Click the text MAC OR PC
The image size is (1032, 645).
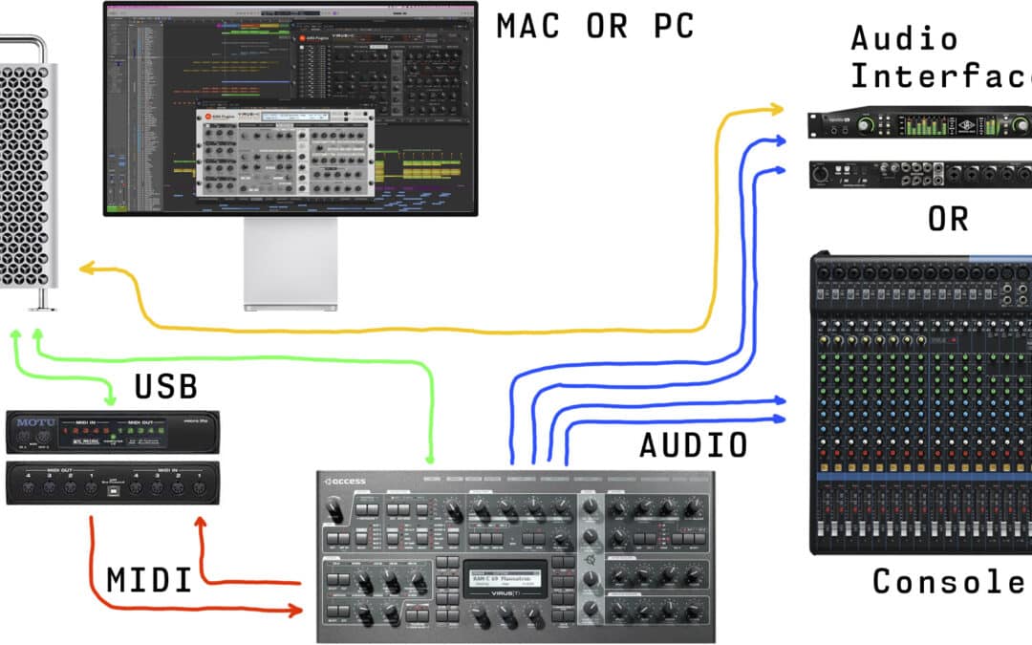click(594, 26)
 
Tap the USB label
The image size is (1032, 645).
click(165, 386)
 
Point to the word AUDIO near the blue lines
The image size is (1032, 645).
click(694, 445)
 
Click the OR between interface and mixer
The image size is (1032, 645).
click(948, 219)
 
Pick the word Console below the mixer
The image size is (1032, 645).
click(951, 581)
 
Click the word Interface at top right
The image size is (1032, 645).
click(941, 75)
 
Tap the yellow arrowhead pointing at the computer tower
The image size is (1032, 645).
click(87, 269)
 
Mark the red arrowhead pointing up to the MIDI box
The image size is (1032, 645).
click(201, 525)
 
